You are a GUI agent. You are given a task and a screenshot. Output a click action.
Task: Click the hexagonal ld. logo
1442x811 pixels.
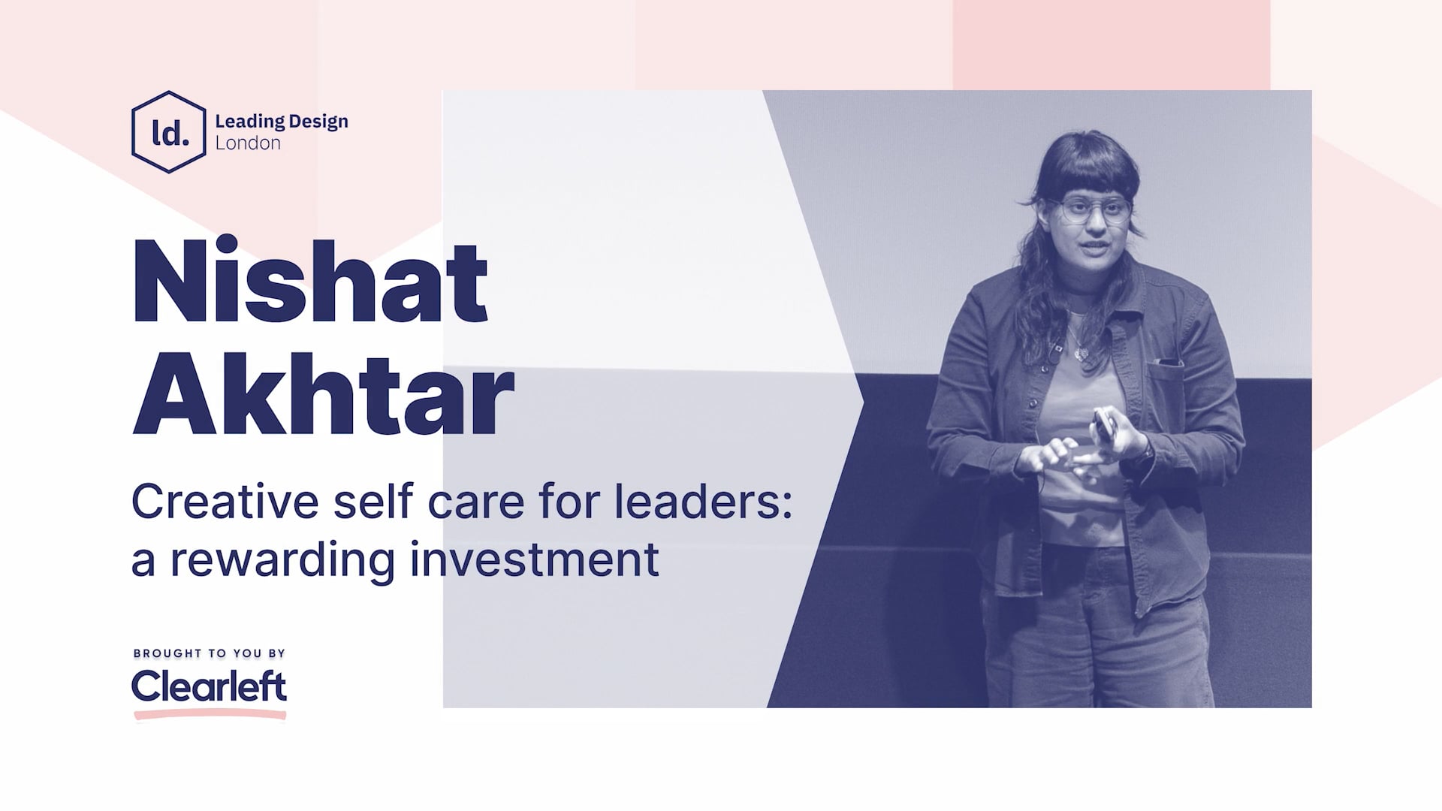(168, 132)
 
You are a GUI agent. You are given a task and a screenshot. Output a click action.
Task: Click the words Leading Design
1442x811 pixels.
(281, 121)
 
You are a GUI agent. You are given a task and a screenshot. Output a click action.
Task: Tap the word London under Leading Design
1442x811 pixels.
(248, 143)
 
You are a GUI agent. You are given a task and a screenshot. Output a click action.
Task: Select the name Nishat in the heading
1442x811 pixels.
(309, 281)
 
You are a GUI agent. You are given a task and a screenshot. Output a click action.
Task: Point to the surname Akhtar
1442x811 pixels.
(323, 393)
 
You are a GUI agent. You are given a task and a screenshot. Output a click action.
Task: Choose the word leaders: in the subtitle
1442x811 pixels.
(704, 501)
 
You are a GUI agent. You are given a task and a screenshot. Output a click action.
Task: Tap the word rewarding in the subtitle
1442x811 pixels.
(282, 559)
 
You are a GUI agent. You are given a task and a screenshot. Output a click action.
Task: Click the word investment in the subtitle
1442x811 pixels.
(534, 559)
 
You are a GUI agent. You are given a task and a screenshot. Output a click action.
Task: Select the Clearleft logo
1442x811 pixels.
(209, 686)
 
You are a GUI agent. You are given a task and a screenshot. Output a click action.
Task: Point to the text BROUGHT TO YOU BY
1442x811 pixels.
(210, 653)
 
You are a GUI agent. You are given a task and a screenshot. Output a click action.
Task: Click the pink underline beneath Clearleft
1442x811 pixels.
(210, 715)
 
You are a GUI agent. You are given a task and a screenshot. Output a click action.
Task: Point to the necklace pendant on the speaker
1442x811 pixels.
(1079, 351)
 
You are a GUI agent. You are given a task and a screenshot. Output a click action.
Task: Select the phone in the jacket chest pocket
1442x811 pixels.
(1169, 363)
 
